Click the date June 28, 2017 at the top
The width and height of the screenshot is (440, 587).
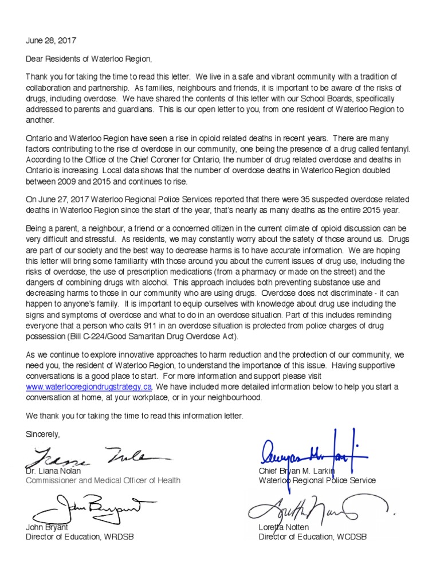(51, 41)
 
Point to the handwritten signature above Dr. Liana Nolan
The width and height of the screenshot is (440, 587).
(95, 457)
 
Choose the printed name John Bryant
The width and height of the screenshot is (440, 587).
(47, 527)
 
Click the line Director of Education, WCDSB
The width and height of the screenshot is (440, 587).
(312, 537)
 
